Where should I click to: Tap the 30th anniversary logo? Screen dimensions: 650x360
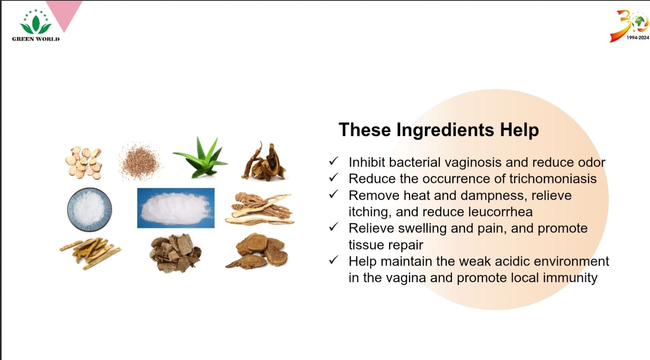pyautogui.click(x=629, y=26)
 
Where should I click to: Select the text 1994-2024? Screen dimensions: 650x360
pyautogui.click(x=638, y=38)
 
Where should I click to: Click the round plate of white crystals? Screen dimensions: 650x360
pyautogui.click(x=89, y=209)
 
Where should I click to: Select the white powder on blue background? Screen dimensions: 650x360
pyautogui.click(x=176, y=208)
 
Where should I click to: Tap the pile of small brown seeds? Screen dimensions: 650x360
pyautogui.click(x=140, y=161)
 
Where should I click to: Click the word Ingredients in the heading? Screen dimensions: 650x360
pyautogui.click(x=445, y=130)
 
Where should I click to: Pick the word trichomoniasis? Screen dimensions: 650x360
pyautogui.click(x=553, y=179)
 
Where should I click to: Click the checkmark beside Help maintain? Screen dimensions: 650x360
pyautogui.click(x=334, y=260)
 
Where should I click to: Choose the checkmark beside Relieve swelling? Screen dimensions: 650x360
pyautogui.click(x=334, y=226)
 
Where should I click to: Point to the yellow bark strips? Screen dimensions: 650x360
pyautogui.click(x=90, y=253)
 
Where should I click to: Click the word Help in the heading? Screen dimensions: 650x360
pyautogui.click(x=519, y=130)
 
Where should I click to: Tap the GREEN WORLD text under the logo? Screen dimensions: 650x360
pyautogui.click(x=36, y=39)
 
